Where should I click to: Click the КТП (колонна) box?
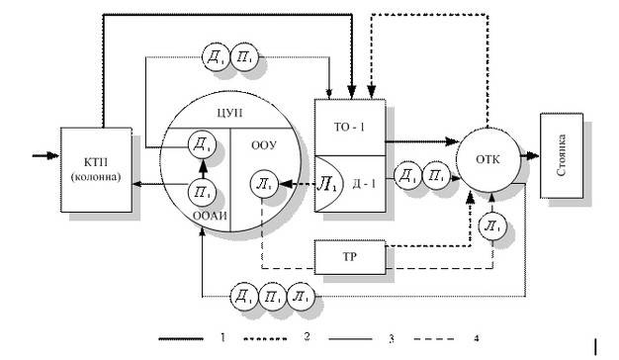pos(96,170)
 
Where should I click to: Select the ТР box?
pos(350,257)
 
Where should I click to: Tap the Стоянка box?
pos(562,155)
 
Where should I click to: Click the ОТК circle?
pos(488,159)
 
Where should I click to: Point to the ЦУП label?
pos(229,113)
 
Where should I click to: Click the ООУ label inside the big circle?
pos(264,145)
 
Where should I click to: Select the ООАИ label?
pos(210,216)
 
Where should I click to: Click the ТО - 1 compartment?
pos(350,128)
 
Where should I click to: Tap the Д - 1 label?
pos(364,184)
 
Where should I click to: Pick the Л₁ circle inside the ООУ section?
pos(264,184)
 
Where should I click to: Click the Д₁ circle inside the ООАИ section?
pos(202,144)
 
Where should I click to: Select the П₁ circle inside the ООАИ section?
pos(202,192)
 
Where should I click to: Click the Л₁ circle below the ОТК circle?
pos(492,226)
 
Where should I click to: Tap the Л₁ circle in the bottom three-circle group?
pos(301,296)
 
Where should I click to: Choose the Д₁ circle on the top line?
pos(216,57)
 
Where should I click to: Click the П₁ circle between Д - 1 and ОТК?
pos(436,175)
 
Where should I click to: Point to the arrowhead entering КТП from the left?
pos(52,155)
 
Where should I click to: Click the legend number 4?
pos(477,338)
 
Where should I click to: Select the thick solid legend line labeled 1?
pos(181,338)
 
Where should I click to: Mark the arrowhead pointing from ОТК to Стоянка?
pos(533,155)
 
